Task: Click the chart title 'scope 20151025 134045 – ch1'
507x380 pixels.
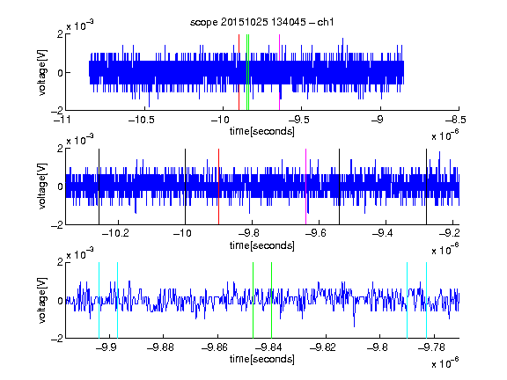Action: click(x=261, y=22)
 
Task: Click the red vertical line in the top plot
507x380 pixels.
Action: click(x=239, y=72)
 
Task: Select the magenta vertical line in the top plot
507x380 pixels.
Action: click(x=279, y=72)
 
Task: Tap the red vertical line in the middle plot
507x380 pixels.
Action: click(x=219, y=186)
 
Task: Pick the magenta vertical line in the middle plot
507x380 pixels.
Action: click(x=306, y=186)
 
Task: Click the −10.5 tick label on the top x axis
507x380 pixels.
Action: click(x=142, y=121)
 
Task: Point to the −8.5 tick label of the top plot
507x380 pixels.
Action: click(x=456, y=121)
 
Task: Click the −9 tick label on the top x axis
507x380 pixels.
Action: click(x=377, y=121)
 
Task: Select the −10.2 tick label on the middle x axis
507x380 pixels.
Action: click(x=115, y=233)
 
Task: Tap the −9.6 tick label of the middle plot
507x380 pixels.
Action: click(x=315, y=233)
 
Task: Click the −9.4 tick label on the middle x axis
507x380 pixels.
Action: click(x=382, y=233)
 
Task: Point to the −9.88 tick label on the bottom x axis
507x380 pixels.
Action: click(x=160, y=347)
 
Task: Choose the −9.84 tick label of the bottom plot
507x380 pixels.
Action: click(x=268, y=347)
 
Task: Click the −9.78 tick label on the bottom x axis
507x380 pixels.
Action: click(x=431, y=347)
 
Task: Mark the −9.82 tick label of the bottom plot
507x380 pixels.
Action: click(x=323, y=347)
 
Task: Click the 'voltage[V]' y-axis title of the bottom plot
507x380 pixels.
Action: click(x=42, y=301)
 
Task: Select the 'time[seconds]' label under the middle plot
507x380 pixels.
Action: click(x=262, y=245)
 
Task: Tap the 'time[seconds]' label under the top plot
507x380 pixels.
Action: click(x=262, y=131)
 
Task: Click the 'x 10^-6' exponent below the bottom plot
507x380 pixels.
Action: click(x=445, y=362)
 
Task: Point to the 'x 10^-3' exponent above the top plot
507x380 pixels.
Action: click(x=80, y=26)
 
